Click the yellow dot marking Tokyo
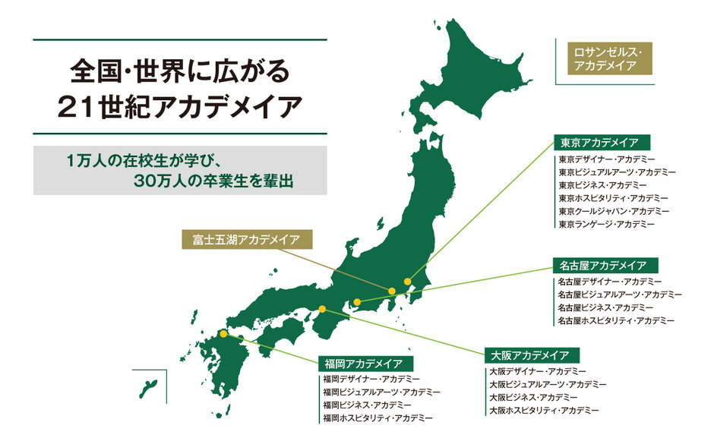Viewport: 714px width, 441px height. (408, 282)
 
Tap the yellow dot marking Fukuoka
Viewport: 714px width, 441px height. (223, 333)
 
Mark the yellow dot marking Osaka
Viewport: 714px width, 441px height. (323, 309)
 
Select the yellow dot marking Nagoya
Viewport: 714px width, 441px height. (356, 303)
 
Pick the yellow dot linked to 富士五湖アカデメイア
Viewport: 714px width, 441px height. (392, 291)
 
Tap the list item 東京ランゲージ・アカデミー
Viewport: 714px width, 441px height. (606, 225)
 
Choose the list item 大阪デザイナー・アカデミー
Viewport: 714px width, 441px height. (537, 371)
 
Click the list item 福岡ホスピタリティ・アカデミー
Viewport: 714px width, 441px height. (378, 417)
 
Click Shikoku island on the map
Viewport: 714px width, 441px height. (285, 333)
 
